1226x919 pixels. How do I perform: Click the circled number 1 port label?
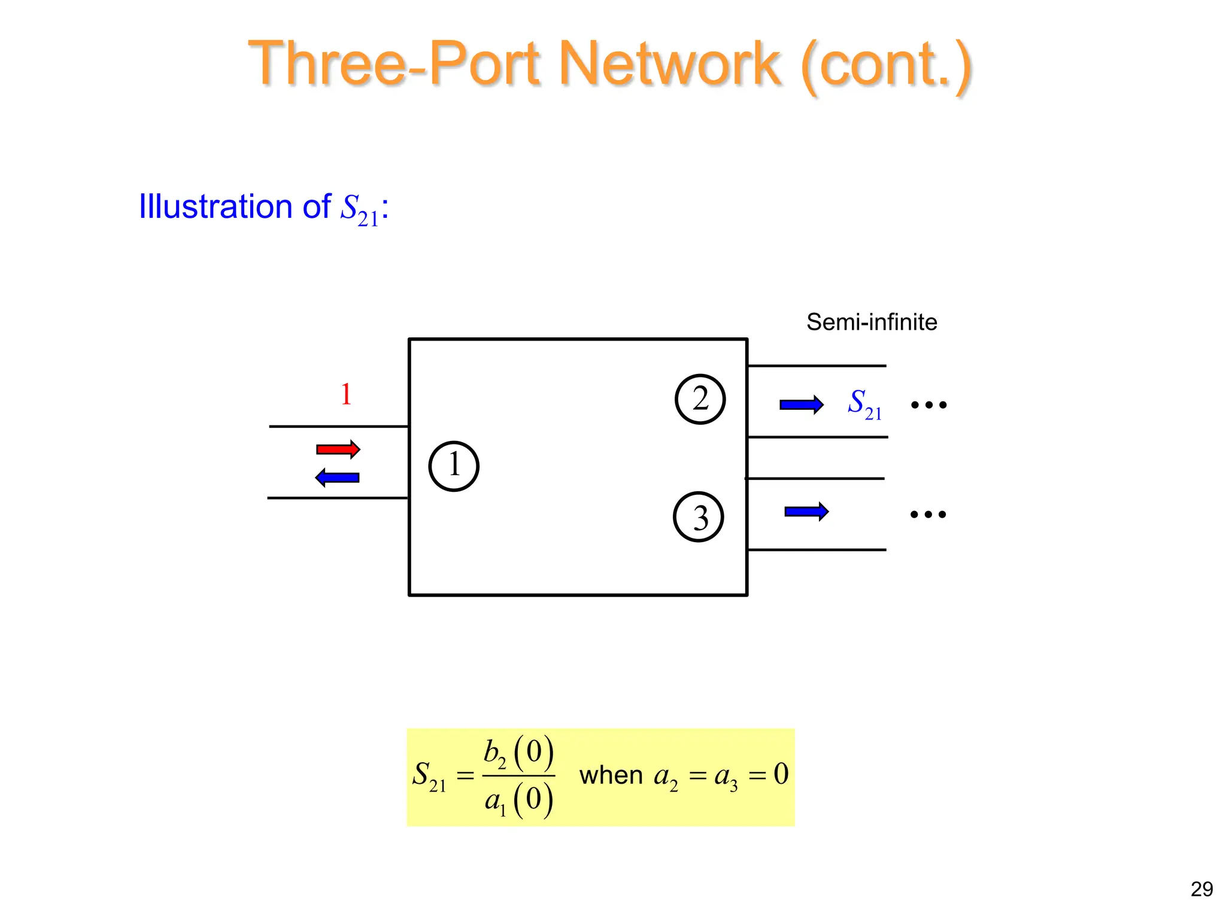click(x=454, y=466)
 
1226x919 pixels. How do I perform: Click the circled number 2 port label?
click(x=700, y=399)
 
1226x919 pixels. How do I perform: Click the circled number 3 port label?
click(x=698, y=517)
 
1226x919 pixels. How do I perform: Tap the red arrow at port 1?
click(x=338, y=449)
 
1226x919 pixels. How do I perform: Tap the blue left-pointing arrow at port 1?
click(x=337, y=477)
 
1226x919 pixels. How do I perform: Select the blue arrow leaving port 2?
click(x=801, y=405)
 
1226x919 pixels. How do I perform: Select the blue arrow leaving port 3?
click(x=806, y=512)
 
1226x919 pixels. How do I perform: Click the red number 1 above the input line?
click(x=346, y=394)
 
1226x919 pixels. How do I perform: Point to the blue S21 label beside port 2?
click(x=864, y=404)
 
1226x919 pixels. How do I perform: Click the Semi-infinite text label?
click(x=871, y=322)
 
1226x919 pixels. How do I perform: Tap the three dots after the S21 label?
click(x=928, y=405)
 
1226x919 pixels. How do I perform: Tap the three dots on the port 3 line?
click(x=928, y=514)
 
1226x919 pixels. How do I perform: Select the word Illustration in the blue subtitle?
click(x=216, y=206)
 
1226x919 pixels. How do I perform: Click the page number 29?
click(x=1201, y=889)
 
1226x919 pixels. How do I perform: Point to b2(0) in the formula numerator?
click(x=518, y=753)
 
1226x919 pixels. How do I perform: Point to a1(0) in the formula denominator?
click(x=518, y=800)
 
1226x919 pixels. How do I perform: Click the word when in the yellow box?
click(x=611, y=775)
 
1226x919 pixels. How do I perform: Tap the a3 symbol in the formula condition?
click(x=726, y=777)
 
